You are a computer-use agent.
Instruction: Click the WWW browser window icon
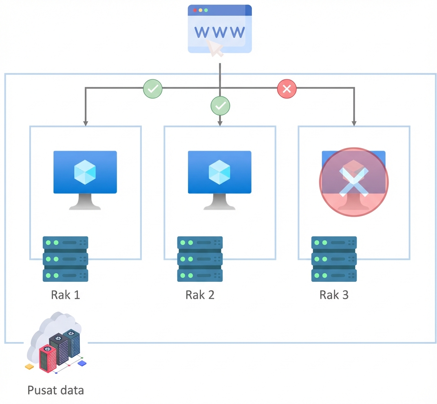(220, 29)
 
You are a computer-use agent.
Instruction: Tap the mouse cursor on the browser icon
(215, 48)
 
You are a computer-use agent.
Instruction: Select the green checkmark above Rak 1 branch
(152, 88)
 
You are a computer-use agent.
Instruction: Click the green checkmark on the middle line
(220, 106)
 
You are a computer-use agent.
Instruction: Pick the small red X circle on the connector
(287, 89)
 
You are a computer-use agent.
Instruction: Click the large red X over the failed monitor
(354, 182)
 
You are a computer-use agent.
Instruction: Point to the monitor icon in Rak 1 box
(85, 179)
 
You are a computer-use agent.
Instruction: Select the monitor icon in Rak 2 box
(219, 179)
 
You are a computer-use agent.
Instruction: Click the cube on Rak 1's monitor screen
(85, 172)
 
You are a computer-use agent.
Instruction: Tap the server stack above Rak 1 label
(66, 259)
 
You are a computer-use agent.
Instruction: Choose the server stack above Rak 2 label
(200, 259)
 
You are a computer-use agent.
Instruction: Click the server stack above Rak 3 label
(334, 259)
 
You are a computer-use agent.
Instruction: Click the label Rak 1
(66, 294)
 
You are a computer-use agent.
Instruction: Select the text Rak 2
(200, 294)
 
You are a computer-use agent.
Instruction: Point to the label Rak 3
(334, 294)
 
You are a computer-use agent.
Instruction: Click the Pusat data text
(55, 390)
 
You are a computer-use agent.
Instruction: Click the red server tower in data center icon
(47, 358)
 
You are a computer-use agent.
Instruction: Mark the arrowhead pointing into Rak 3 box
(354, 123)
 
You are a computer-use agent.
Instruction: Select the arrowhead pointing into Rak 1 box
(85, 123)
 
